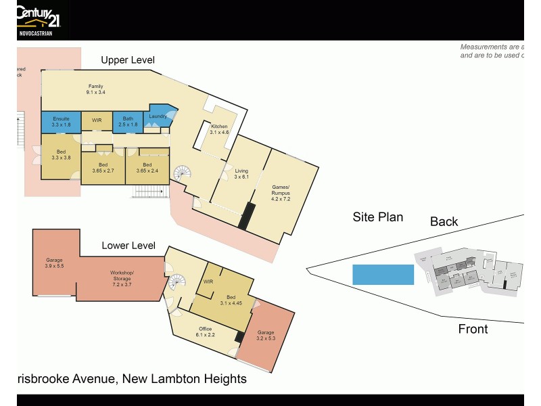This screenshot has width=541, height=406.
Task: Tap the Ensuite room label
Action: [61, 122]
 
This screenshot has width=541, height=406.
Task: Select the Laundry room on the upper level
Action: [158, 117]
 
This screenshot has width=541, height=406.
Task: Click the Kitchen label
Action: [220, 130]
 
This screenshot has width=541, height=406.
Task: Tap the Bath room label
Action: [128, 122]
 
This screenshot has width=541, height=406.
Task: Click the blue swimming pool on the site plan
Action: [383, 274]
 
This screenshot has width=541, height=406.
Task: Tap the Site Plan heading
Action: [378, 217]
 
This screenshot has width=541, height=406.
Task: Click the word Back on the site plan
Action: [444, 221]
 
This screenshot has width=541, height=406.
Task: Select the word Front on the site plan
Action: [473, 329]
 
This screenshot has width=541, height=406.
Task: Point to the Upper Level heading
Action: [128, 60]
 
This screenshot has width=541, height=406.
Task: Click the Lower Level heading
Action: [128, 246]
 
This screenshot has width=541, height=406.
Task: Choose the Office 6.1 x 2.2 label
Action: [206, 332]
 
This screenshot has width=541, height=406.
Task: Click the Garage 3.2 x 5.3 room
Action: [266, 336]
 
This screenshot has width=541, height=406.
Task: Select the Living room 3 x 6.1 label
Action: [241, 174]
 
